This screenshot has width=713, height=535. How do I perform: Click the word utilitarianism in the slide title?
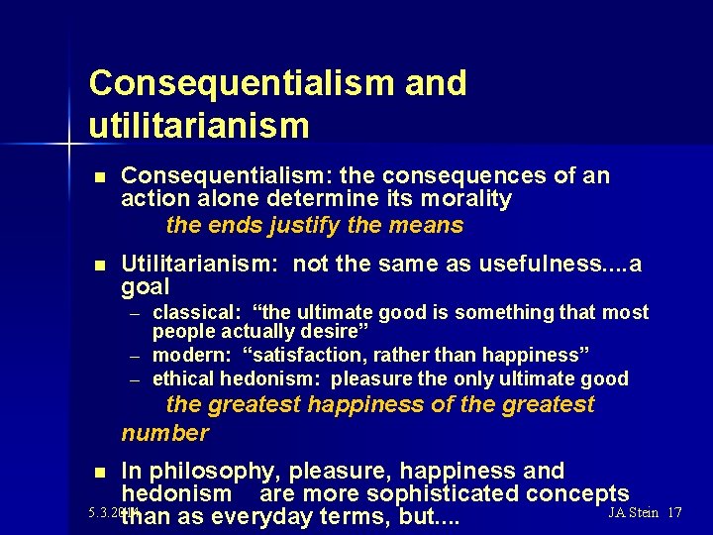point(198,126)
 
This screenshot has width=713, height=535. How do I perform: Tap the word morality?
point(466,199)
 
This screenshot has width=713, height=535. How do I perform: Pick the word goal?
point(146,286)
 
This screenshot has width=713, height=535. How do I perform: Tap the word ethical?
point(183,378)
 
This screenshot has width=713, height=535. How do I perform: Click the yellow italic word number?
point(164,433)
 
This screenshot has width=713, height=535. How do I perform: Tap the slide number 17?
point(675,512)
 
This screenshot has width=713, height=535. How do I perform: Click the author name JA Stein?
point(634,512)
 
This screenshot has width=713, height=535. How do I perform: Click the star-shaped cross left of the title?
point(69,145)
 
